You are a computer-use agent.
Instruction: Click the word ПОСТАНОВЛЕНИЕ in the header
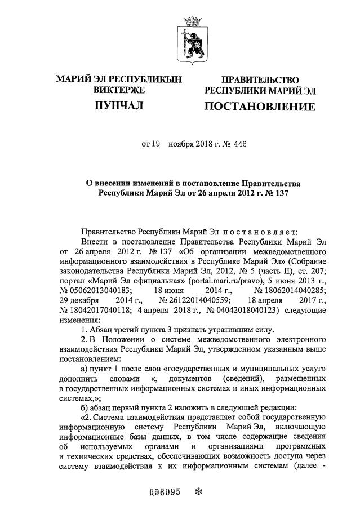point(259,107)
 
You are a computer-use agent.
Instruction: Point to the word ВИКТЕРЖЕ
point(119,89)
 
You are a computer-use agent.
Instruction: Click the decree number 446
point(239,144)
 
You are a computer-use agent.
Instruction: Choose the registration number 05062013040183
point(99,290)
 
